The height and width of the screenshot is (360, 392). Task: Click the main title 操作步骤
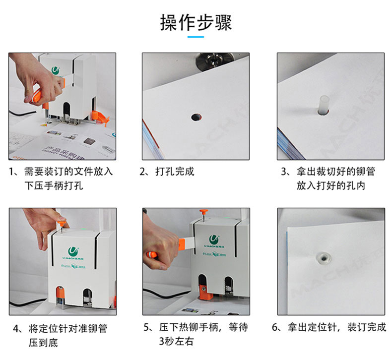[x=196, y=22]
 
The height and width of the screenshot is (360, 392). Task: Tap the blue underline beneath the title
[x=196, y=37]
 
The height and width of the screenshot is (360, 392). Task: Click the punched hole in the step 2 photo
[x=196, y=117]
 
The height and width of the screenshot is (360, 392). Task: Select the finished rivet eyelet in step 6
[x=324, y=258]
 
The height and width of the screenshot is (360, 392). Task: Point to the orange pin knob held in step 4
[x=62, y=223]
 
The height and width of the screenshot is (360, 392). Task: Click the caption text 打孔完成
[x=175, y=172]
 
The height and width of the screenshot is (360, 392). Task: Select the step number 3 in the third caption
[x=284, y=172]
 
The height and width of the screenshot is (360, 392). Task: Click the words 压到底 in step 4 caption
[x=44, y=343]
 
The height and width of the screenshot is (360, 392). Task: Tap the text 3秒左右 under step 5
[x=176, y=341]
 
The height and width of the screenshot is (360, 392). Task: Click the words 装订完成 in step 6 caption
[x=367, y=327]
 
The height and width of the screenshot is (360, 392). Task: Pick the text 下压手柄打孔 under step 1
[x=54, y=185]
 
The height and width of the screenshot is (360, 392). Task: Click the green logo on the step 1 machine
[x=56, y=70]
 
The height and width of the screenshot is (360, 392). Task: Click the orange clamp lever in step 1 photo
[x=100, y=118]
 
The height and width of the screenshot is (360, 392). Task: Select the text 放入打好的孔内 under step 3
[x=331, y=185]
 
